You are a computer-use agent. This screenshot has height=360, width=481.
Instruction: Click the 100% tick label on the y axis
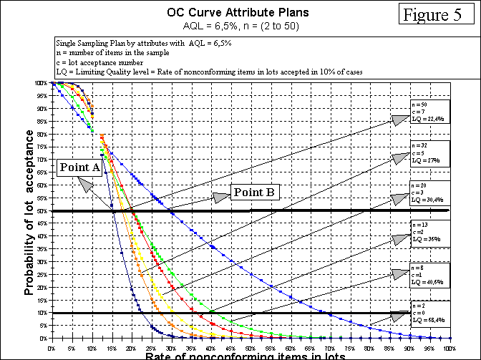tap(40, 83)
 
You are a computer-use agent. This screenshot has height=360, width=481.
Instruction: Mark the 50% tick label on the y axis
tap(42, 210)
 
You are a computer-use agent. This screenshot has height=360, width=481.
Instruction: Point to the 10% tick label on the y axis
tap(42, 313)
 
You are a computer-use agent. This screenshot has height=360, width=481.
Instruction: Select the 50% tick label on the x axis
tap(251, 346)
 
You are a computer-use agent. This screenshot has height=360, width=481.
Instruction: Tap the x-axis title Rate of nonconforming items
tap(246, 356)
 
